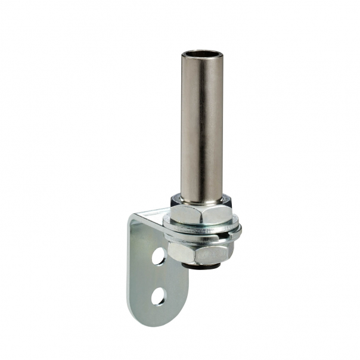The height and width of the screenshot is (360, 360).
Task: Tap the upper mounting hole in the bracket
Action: [159, 256]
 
